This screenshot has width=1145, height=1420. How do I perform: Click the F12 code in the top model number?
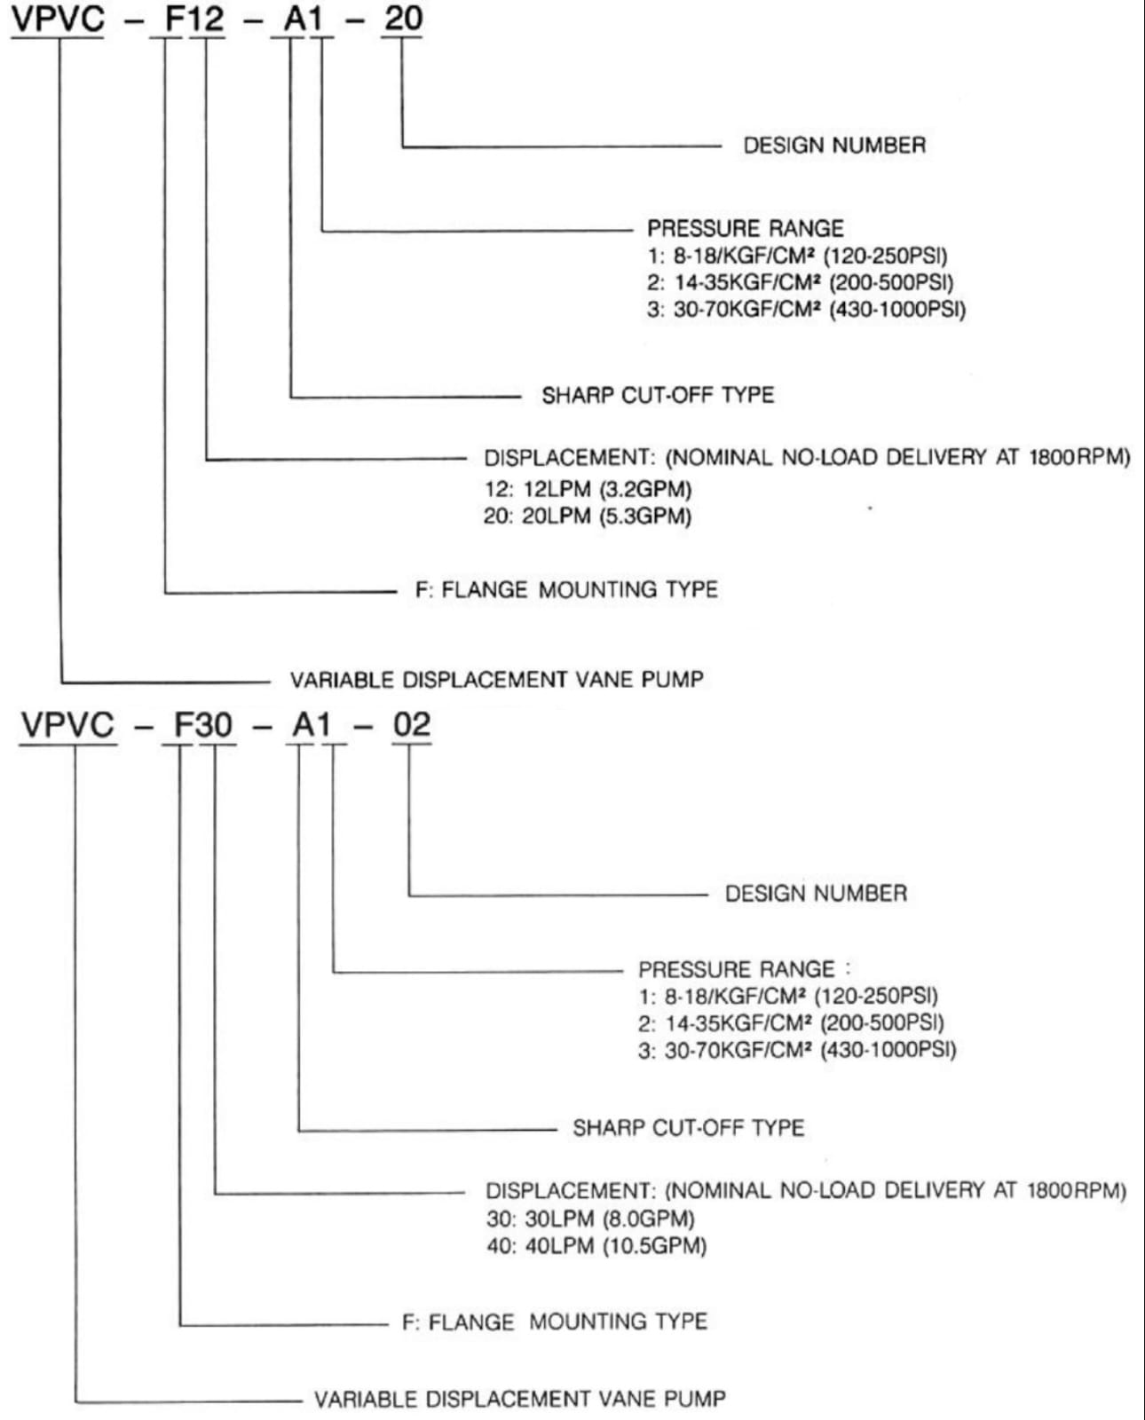(x=194, y=19)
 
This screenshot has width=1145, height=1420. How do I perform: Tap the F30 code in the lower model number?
(x=202, y=725)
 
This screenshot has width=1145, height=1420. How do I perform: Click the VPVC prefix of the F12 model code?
(x=58, y=19)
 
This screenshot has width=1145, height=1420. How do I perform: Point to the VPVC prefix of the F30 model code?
(x=68, y=725)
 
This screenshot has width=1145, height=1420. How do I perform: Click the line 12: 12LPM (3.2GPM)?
(x=587, y=489)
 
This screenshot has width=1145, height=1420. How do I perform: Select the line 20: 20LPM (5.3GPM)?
(x=587, y=516)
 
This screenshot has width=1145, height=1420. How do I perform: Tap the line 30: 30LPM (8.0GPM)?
(x=589, y=1219)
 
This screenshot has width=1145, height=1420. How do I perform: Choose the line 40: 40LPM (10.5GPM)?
(x=596, y=1246)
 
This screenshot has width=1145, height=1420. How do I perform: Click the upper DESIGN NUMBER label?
(x=834, y=146)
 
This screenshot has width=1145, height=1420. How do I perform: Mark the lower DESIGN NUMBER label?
(x=816, y=894)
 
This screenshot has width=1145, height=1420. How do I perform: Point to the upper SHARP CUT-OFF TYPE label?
(x=658, y=395)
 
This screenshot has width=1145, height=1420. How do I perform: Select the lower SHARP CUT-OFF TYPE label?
(x=688, y=1128)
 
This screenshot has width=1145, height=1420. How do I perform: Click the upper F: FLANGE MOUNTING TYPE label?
(x=566, y=590)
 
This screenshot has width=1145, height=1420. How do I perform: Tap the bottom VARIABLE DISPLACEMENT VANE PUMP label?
(x=519, y=1400)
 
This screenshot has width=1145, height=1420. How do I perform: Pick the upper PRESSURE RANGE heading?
(x=745, y=228)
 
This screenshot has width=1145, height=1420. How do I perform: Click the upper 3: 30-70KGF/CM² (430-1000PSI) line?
(x=805, y=310)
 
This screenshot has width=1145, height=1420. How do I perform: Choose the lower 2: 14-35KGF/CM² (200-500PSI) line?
(x=790, y=1023)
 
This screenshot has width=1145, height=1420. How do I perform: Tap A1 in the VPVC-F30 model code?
(x=312, y=725)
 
